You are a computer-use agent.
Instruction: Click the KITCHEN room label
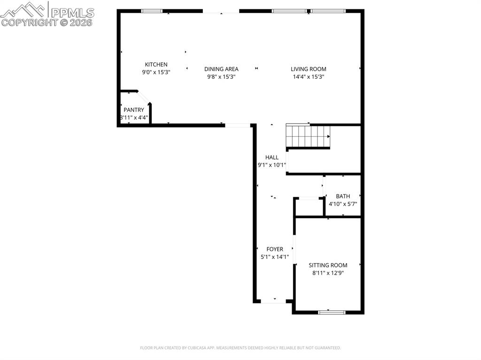click(156, 65)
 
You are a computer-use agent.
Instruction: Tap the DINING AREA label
click(221, 69)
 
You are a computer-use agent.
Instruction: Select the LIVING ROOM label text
click(308, 69)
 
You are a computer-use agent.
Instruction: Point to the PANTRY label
click(134, 110)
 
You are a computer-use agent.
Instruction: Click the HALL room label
click(272, 158)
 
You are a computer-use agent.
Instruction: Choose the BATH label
click(343, 196)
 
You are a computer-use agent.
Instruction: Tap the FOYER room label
click(275, 249)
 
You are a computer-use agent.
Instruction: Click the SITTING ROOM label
click(328, 265)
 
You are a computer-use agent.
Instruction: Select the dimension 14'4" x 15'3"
click(308, 77)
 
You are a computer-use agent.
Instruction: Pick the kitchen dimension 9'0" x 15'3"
click(156, 72)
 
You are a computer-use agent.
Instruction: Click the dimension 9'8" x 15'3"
click(221, 77)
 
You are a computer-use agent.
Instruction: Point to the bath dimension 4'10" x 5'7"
click(343, 204)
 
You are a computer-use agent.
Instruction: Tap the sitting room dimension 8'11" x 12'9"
click(328, 273)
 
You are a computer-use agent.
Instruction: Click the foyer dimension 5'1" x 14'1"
click(275, 257)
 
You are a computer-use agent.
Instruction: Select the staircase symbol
click(309, 137)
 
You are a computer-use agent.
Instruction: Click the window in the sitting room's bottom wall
click(332, 312)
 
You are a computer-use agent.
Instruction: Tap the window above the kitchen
click(152, 11)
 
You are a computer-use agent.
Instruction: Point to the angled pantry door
click(144, 97)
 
